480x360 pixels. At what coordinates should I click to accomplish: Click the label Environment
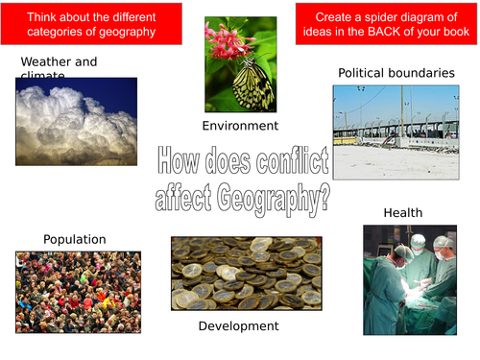pyautogui.click(x=240, y=126)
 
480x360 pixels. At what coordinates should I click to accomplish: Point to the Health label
pyautogui.click(x=402, y=212)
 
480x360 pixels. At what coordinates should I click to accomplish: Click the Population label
pyautogui.click(x=75, y=239)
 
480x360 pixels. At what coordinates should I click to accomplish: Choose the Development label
pyautogui.click(x=238, y=326)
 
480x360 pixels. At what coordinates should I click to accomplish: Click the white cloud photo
pyautogui.click(x=76, y=121)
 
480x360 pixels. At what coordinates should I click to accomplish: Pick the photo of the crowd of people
pyautogui.click(x=78, y=292)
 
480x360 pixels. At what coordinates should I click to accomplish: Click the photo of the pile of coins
pyautogui.click(x=246, y=275)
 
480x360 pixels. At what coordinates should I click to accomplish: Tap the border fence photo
pyautogui.click(x=396, y=132)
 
